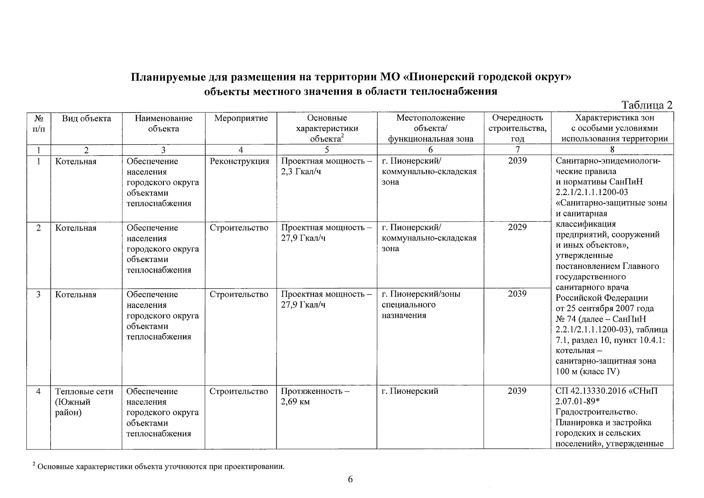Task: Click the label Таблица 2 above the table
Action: tap(646, 105)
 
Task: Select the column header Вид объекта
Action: tap(86, 119)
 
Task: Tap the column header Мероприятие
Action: tap(241, 119)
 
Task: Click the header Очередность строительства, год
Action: tap(517, 129)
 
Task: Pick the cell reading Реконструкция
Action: tap(239, 161)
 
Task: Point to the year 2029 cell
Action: tap(517, 227)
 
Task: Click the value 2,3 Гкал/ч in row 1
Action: tap(301, 172)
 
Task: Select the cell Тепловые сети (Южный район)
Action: tap(84, 402)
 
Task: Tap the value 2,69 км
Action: tap(295, 402)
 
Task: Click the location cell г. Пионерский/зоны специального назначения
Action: tap(421, 305)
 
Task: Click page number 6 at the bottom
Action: tap(350, 480)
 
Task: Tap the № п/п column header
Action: tap(38, 124)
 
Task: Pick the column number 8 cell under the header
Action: tap(612, 150)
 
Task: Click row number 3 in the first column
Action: tap(38, 295)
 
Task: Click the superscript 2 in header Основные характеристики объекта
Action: tap(343, 136)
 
